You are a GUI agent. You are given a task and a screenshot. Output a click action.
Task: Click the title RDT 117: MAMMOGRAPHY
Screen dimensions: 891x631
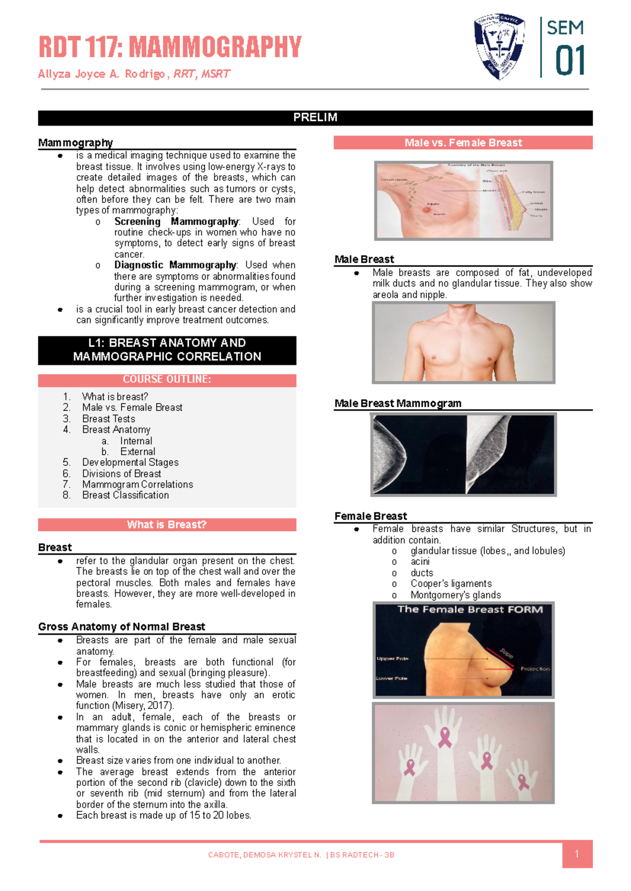(x=170, y=47)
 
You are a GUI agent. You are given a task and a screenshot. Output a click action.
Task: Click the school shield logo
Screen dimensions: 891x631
(x=499, y=46)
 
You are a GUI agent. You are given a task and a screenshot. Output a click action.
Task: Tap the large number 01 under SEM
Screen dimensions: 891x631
(x=570, y=61)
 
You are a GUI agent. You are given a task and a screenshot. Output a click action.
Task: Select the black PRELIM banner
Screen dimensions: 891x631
(x=315, y=118)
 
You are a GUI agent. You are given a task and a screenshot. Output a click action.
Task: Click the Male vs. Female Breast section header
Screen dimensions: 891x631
(x=463, y=143)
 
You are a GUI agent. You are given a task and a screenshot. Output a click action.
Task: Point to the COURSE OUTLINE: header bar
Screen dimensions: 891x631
(x=167, y=380)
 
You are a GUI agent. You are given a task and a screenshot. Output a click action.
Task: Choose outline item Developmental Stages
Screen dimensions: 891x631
(x=130, y=462)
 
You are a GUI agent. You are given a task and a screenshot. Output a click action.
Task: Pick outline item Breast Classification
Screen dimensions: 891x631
(x=125, y=495)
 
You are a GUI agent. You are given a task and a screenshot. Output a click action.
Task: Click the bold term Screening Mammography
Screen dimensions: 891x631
(x=176, y=221)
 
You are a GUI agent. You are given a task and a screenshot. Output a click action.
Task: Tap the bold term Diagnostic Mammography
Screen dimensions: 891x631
(x=175, y=265)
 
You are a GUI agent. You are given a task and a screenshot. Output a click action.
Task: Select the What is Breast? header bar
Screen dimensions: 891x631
(x=167, y=525)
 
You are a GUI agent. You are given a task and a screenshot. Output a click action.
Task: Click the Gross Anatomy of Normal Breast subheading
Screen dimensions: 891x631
(x=121, y=627)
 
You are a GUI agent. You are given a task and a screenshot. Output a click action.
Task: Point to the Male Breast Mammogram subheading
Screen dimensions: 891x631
(x=398, y=403)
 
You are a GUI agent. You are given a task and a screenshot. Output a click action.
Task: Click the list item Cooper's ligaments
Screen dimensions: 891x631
(x=451, y=584)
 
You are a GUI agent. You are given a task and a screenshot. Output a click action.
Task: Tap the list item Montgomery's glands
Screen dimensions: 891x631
(x=455, y=595)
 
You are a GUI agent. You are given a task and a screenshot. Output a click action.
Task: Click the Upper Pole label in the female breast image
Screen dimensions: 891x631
(x=392, y=659)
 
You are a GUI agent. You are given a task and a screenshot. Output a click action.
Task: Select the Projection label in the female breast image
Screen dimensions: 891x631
(x=535, y=669)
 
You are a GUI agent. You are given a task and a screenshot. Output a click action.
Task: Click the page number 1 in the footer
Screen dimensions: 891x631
(x=577, y=854)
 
